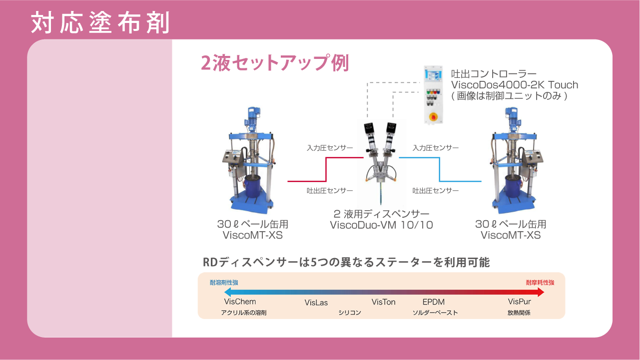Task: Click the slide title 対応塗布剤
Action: [100, 22]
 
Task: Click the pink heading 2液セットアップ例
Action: [275, 62]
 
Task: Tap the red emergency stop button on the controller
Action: [433, 116]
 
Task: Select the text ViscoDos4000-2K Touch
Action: [514, 85]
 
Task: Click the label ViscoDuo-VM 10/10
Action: [381, 225]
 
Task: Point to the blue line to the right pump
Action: [440, 169]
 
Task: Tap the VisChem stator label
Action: [240, 302]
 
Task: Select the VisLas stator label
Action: [316, 303]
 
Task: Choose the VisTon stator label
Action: [383, 302]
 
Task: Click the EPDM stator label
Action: [434, 302]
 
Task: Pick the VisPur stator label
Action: [520, 302]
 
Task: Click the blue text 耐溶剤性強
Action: [224, 283]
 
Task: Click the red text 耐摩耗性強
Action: [540, 283]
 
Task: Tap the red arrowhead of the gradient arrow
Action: [541, 292]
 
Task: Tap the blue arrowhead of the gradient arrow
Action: [228, 292]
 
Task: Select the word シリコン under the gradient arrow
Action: [350, 313]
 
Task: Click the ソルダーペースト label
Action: [435, 313]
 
